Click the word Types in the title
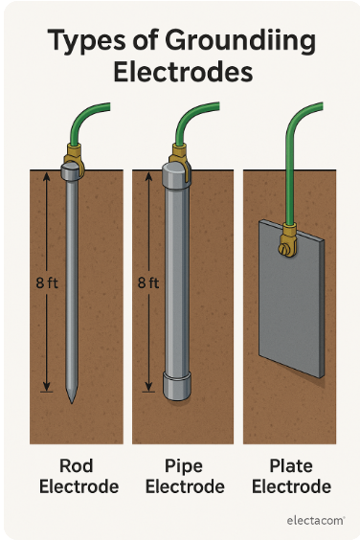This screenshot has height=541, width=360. [x=86, y=41]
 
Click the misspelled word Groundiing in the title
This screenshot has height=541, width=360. [x=240, y=41]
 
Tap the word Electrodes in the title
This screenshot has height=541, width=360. [x=183, y=72]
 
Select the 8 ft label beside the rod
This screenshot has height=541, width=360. [x=47, y=282]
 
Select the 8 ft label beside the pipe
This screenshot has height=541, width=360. [x=148, y=282]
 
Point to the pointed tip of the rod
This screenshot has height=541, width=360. [x=72, y=402]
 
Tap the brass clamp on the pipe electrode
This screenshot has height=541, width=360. [x=180, y=157]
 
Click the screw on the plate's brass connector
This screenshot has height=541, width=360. [x=283, y=249]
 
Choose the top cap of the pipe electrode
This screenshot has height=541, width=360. [x=175, y=175]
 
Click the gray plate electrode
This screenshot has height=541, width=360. [x=292, y=299]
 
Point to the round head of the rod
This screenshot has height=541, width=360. [x=71, y=171]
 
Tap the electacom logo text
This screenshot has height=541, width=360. [x=315, y=520]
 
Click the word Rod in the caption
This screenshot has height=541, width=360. [x=77, y=465]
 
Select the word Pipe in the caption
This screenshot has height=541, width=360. [x=183, y=465]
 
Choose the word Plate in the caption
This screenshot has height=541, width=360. [x=291, y=465]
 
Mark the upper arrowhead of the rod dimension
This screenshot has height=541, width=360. [x=47, y=176]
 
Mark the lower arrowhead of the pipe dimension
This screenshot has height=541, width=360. [x=148, y=388]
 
